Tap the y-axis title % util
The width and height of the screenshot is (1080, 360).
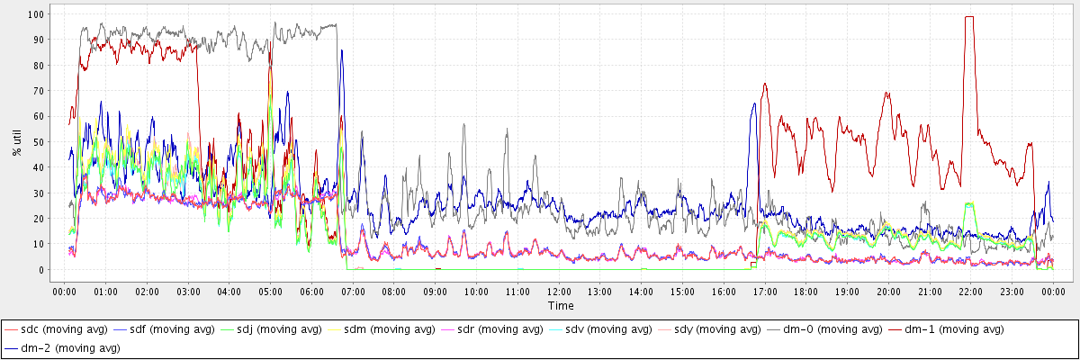(x=17, y=141)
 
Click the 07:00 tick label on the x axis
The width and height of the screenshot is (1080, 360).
(x=353, y=292)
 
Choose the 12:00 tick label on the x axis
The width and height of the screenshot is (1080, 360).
(x=559, y=292)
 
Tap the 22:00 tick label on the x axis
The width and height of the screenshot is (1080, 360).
(x=970, y=292)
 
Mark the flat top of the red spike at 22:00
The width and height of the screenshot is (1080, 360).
(x=969, y=16)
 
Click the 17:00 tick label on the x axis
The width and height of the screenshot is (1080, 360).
(x=765, y=292)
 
